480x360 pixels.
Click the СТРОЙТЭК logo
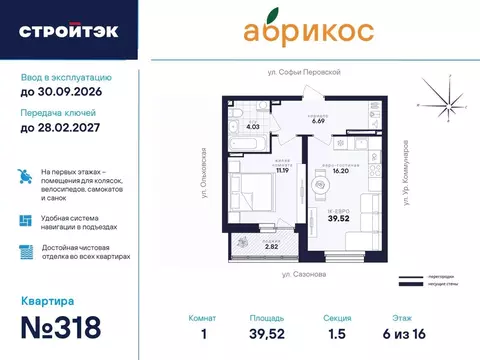[x=68, y=31]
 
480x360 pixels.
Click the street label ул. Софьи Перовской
[x=305, y=73]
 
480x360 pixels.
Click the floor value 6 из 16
[x=429, y=334]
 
